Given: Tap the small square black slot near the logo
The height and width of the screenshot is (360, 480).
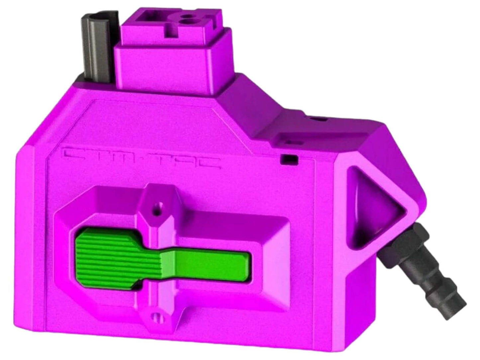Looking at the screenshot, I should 288,160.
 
